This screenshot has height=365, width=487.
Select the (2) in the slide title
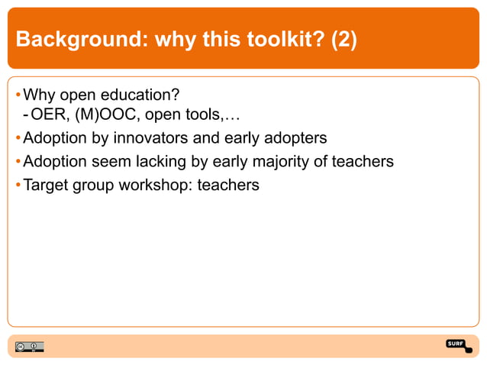(x=343, y=40)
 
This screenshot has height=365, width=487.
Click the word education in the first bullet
(x=142, y=95)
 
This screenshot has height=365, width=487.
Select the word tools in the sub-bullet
(x=201, y=117)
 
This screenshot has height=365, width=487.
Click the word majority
(x=305, y=162)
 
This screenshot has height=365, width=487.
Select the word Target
(x=47, y=184)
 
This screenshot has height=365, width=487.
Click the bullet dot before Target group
(x=18, y=185)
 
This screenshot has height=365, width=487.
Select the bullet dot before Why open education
(x=18, y=95)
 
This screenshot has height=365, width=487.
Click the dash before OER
(x=26, y=117)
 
